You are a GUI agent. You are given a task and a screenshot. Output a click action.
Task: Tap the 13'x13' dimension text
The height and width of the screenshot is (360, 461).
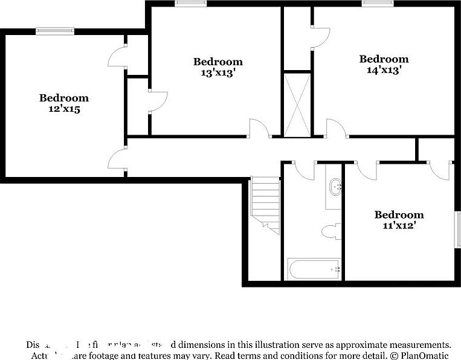tap(218, 73)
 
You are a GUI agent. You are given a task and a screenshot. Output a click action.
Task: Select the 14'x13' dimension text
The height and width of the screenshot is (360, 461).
tap(384, 70)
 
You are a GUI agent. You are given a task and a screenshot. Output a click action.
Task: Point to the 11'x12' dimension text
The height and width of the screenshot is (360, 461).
tap(399, 226)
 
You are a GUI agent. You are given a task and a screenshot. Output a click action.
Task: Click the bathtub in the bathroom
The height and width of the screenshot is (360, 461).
tap(314, 269)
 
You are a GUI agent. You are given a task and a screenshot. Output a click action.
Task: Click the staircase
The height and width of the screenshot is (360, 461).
tap(266, 204)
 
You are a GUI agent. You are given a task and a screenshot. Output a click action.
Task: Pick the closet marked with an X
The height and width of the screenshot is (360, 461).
tap(297, 104)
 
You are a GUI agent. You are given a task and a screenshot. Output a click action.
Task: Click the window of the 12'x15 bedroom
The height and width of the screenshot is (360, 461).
tap(55, 31)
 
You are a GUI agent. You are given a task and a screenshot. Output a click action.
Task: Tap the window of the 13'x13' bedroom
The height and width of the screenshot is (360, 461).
tap(191, 4)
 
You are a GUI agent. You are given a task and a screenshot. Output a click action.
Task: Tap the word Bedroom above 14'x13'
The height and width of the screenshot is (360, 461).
tap(384, 59)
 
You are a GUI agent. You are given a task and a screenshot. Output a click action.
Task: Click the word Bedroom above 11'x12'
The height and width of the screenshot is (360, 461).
tap(399, 214)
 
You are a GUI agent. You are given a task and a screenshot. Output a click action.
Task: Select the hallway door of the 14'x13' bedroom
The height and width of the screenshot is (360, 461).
tap(336, 128)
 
